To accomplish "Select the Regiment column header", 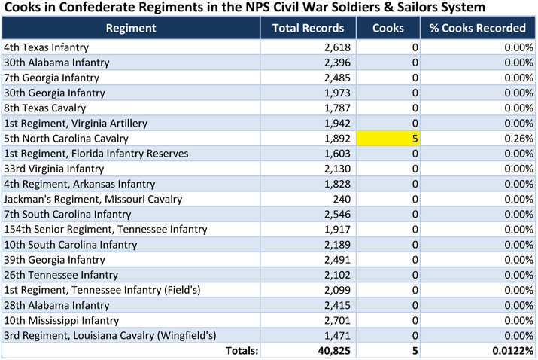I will click(131, 29).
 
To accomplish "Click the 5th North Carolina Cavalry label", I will click(66, 139).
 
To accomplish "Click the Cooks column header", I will click(388, 29).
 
